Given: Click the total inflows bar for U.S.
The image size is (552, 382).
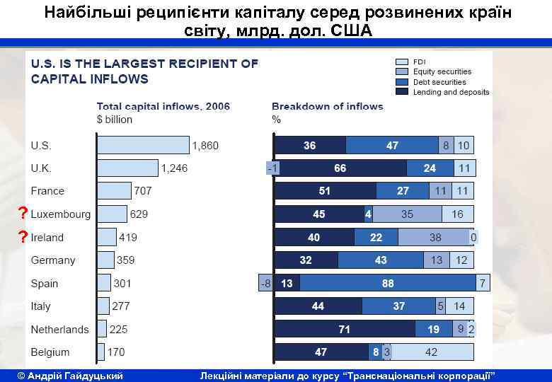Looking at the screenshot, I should click(144, 146).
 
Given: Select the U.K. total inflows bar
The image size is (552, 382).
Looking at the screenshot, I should click(127, 168).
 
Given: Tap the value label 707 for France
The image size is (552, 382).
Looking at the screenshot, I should click(144, 191).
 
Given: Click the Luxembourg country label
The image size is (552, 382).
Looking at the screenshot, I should click(61, 214).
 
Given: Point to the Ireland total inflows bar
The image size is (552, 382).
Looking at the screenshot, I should click(107, 237).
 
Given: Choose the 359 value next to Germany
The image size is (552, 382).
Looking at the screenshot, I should click(126, 260).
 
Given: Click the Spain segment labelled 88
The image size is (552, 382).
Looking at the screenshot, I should click(387, 283).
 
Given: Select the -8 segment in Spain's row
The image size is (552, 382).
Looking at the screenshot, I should click(266, 283).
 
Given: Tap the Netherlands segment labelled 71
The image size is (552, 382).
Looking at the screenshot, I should click(345, 329).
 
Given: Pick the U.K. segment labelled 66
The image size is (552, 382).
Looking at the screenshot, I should click(340, 168).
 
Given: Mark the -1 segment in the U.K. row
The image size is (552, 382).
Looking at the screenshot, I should click(272, 168).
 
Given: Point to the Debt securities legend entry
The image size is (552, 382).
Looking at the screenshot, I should click(439, 82).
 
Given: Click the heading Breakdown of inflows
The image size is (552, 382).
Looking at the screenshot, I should click(328, 107).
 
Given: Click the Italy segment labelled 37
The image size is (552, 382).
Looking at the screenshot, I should click(399, 306).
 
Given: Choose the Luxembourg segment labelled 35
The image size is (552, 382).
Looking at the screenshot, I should click(407, 214).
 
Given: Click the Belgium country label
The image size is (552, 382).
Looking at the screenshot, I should click(50, 352).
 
